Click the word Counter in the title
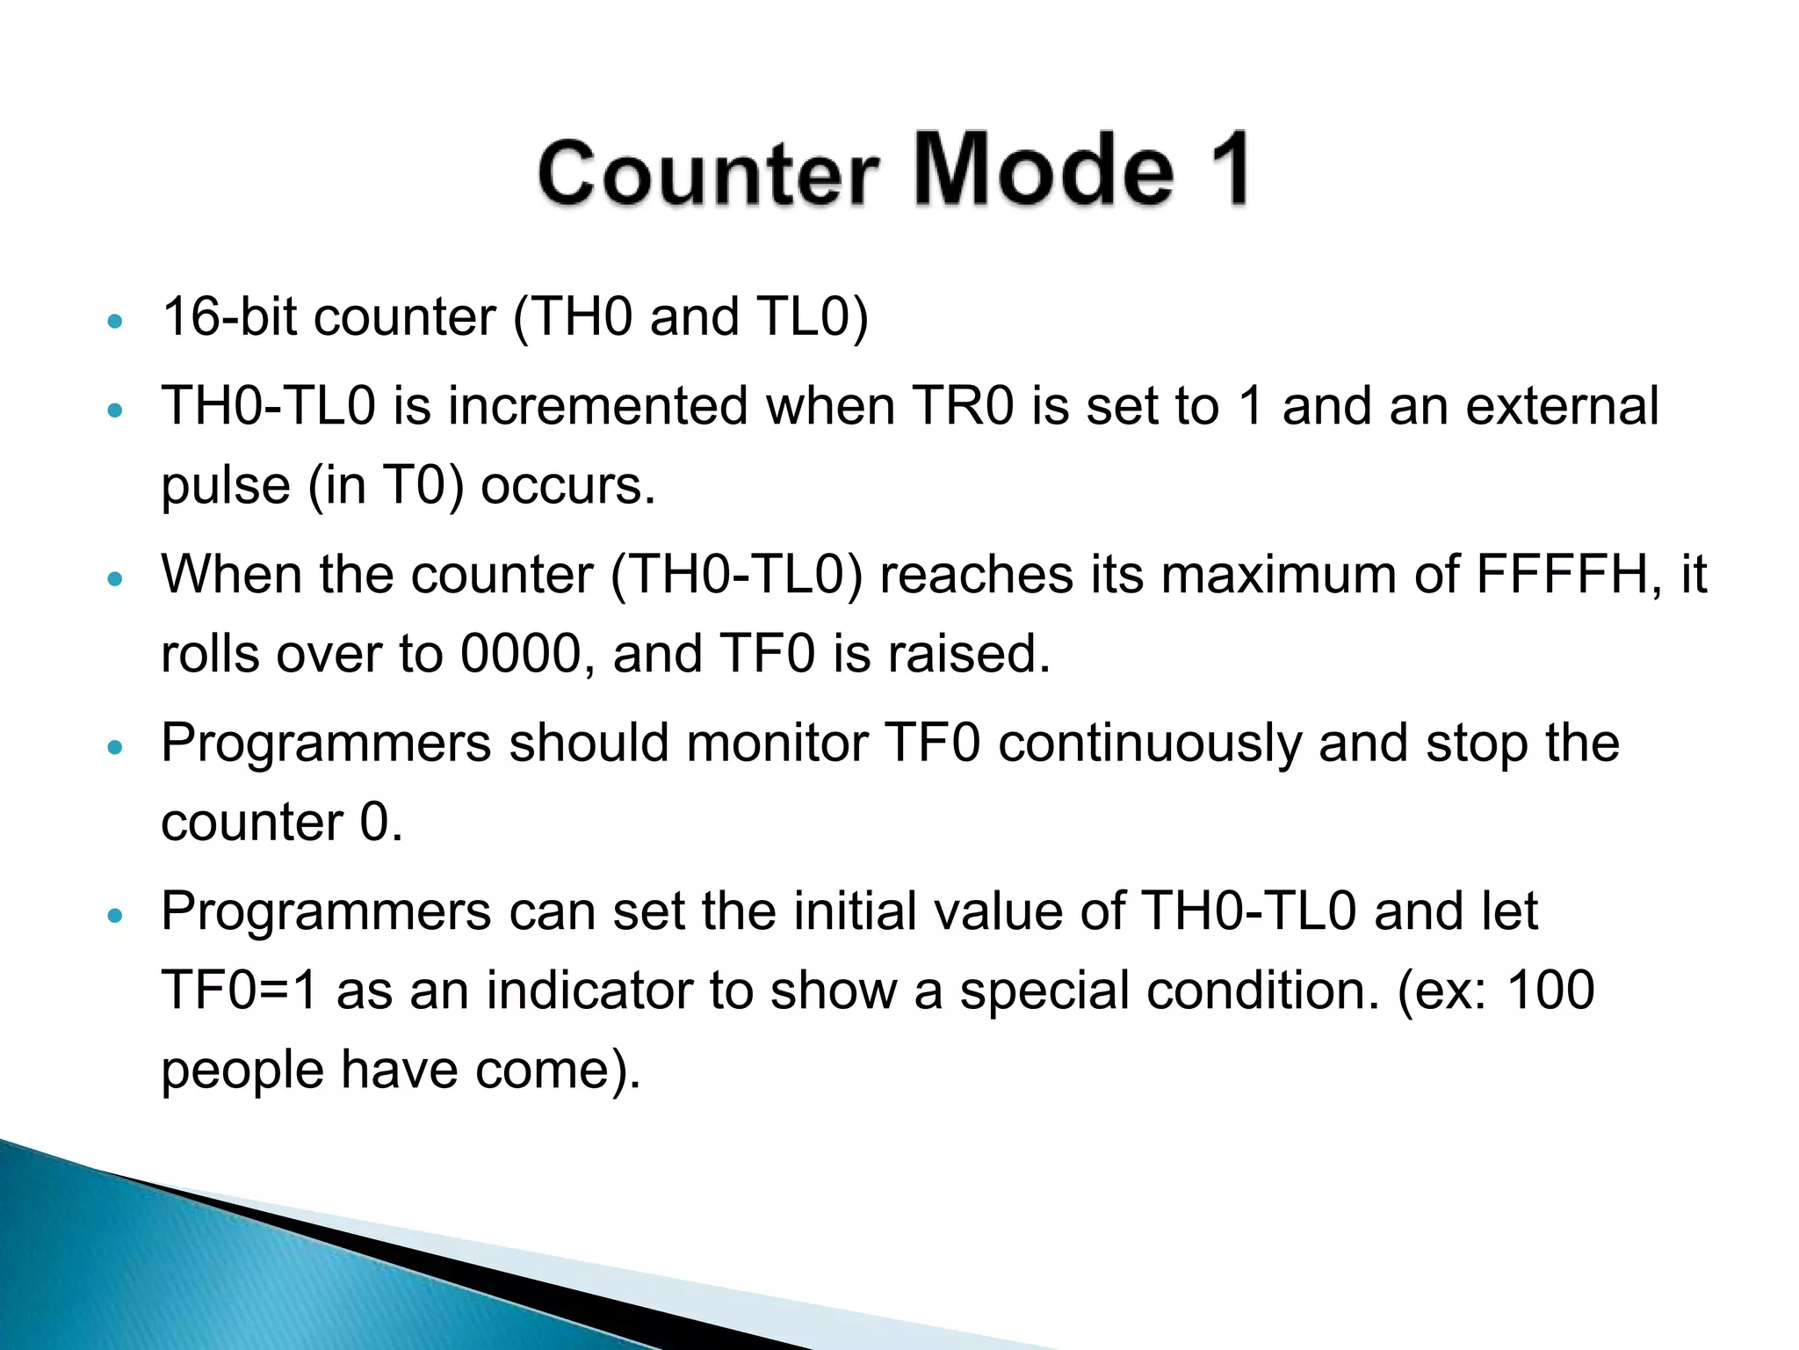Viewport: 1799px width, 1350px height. pyautogui.click(x=707, y=172)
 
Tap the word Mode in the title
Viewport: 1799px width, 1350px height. pyautogui.click(x=1044, y=169)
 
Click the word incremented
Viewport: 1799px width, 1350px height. pyautogui.click(x=597, y=406)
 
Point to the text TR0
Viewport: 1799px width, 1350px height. pyautogui.click(x=963, y=406)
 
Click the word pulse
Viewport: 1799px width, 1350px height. pyautogui.click(x=226, y=486)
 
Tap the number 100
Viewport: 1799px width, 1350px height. pyautogui.click(x=1550, y=991)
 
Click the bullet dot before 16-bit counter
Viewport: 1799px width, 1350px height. pyautogui.click(x=114, y=322)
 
